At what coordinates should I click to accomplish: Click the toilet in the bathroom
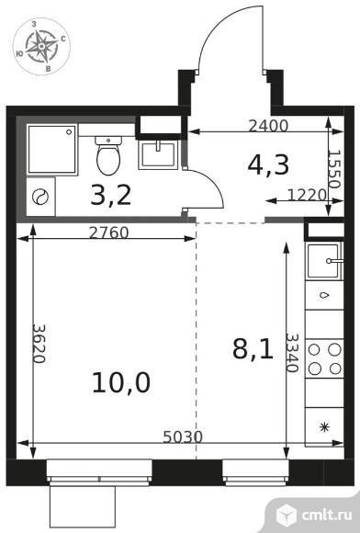click(x=108, y=155)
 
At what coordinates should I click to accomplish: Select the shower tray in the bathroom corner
click(x=52, y=149)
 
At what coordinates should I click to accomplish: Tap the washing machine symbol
click(x=40, y=197)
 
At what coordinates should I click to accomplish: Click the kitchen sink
click(x=324, y=261)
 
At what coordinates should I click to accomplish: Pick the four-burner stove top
click(x=324, y=359)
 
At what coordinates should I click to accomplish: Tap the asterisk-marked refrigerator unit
click(x=324, y=427)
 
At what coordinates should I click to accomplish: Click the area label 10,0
click(x=121, y=383)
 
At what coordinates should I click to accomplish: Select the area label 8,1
click(x=253, y=349)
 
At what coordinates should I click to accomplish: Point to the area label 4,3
click(x=268, y=164)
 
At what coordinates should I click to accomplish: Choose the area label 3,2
click(x=111, y=196)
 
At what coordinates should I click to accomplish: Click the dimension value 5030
click(x=183, y=437)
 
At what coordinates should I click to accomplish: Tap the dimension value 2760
click(x=108, y=232)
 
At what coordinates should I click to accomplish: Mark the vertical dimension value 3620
click(x=39, y=344)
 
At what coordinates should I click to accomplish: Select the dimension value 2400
click(x=268, y=126)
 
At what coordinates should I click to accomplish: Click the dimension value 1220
click(x=307, y=195)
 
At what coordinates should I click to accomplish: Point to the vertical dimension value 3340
click(x=291, y=353)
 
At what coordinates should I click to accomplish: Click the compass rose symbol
click(x=41, y=46)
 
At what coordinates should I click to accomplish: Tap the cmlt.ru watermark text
click(x=327, y=515)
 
